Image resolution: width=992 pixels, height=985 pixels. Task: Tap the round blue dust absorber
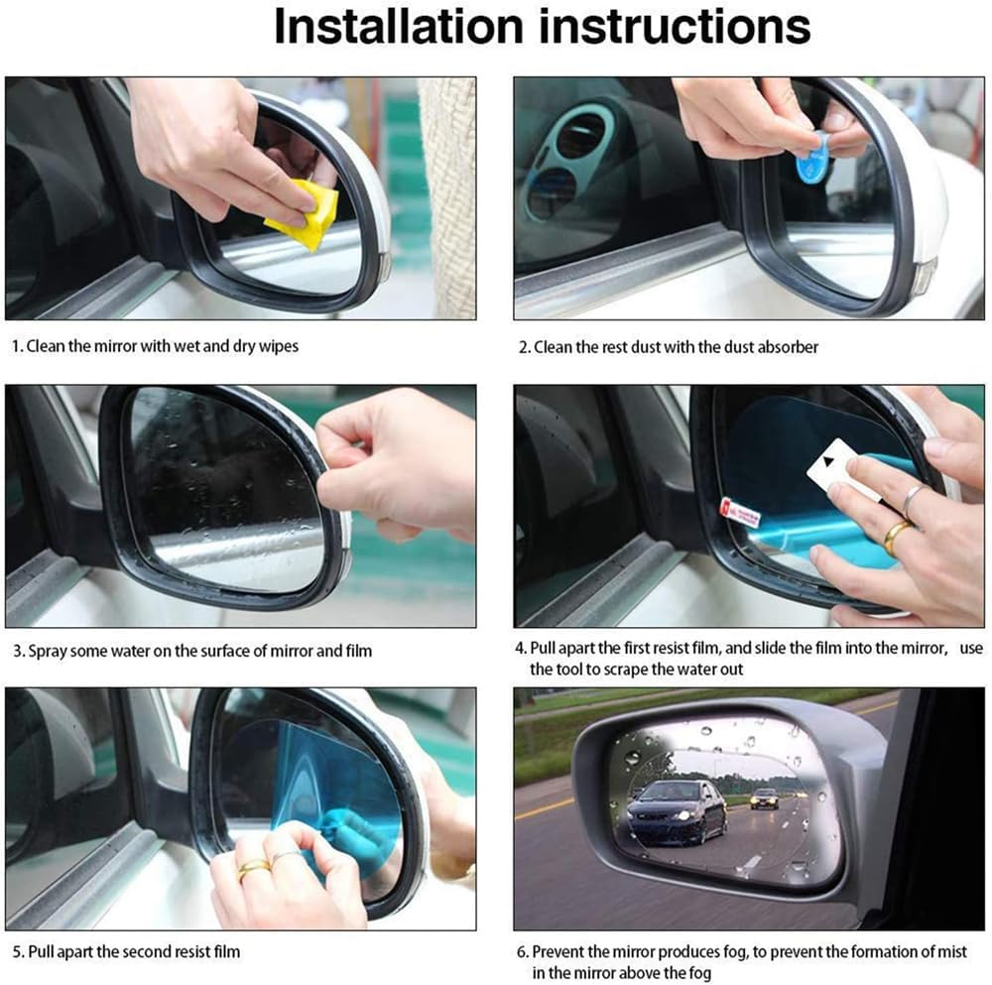tap(813, 160)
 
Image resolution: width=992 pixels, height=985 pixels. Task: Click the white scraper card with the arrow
tap(834, 465)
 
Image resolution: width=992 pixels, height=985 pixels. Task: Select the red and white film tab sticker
tap(739, 513)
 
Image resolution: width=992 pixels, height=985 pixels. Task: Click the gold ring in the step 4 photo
tap(897, 536)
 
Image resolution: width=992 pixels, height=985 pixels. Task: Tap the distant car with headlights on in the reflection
tap(764, 798)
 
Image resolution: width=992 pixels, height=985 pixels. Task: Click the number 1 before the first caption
tap(16, 347)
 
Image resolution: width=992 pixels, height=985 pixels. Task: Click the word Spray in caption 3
tap(47, 652)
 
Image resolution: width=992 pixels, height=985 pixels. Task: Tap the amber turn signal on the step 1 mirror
tap(383, 267)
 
